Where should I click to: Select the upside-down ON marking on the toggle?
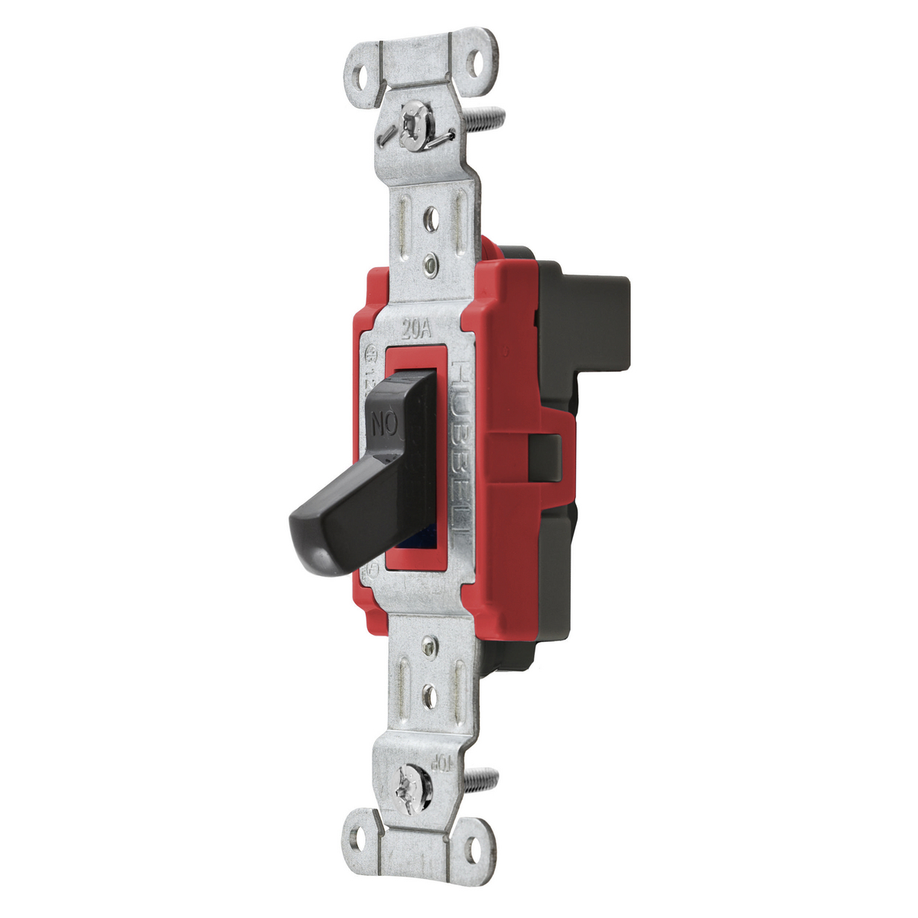coord(384,422)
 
